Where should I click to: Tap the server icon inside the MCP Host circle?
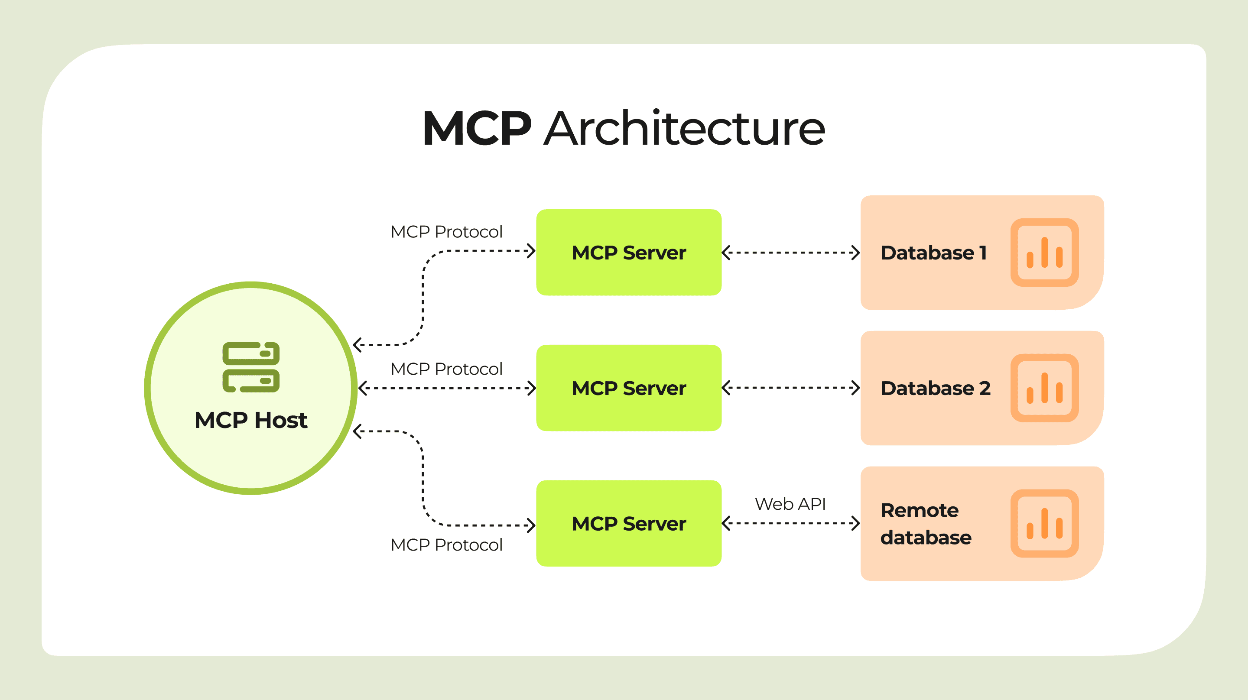coord(251,367)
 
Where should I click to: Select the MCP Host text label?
coord(251,420)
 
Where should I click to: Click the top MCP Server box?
coord(629,253)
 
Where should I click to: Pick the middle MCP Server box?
coord(629,388)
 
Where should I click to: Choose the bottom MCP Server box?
coord(629,524)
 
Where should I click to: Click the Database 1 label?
coord(933,253)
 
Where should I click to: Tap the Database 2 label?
coord(936,389)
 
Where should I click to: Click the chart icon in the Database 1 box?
coord(1044,253)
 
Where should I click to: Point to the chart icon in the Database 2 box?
coord(1044,388)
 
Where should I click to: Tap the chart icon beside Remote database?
coord(1044,524)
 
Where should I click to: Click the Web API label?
coord(790,504)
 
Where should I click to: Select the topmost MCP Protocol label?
coord(446,232)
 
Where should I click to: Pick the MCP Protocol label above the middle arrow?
coord(446,369)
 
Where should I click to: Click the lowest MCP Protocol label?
coord(446,544)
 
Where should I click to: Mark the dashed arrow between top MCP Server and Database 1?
coord(791,253)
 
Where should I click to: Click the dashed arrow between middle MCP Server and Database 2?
coord(791,388)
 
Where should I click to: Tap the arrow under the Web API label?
coord(791,523)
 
